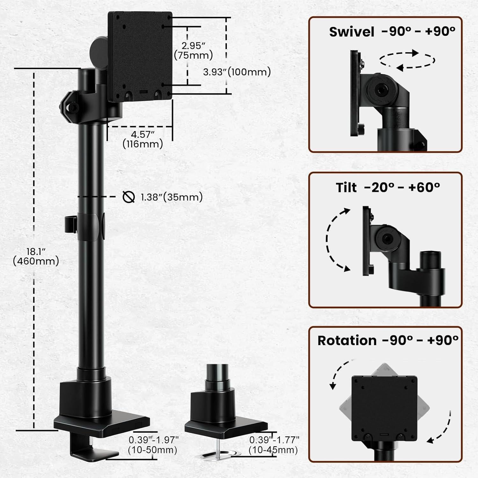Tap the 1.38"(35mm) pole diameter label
(x=171, y=197)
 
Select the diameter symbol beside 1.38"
(x=128, y=197)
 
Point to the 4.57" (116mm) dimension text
(x=143, y=140)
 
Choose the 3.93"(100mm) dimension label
(x=237, y=72)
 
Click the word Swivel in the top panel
(x=351, y=32)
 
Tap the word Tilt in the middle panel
(x=346, y=187)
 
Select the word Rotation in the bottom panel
(x=347, y=341)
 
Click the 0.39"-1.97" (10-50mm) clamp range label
(x=153, y=445)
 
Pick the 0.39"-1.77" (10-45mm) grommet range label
(x=274, y=445)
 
